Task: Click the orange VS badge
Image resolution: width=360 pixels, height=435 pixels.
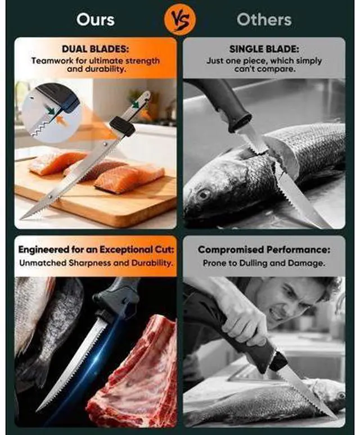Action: click(179, 20)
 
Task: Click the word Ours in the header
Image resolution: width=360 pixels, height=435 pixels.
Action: click(96, 20)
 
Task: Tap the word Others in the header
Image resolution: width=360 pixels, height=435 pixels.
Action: click(264, 20)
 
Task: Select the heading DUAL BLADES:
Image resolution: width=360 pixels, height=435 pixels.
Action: click(96, 49)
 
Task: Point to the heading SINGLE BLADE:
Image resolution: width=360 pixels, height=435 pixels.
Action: click(264, 49)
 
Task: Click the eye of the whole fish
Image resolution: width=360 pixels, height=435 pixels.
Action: click(204, 194)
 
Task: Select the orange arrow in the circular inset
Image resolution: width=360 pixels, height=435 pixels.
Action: click(62, 121)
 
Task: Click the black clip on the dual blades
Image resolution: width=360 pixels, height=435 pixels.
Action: click(123, 127)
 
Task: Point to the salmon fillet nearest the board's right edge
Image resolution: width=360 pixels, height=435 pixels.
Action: click(129, 179)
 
